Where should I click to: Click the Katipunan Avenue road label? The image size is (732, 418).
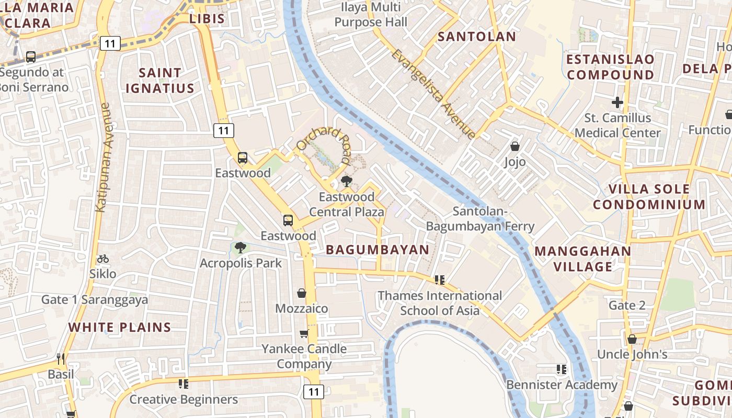pos(103,157)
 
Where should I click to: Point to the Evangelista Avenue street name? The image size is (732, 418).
pos(433,95)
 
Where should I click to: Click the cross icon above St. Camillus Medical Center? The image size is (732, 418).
pos(617,102)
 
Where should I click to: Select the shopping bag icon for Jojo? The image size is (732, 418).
pos(515,146)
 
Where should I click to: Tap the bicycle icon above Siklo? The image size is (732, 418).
pos(103,259)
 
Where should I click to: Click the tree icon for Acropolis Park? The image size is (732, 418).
pos(240,248)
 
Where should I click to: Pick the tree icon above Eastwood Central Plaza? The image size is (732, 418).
pos(346,181)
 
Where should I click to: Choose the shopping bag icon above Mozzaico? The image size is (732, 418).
pos(302,293)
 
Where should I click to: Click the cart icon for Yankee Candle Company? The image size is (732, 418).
pos(304,333)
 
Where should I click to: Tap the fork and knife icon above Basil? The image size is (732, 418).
pos(61,359)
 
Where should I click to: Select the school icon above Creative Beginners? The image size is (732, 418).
pos(183,384)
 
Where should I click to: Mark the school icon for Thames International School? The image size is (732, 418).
pos(440,280)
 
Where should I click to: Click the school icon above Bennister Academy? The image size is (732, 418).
pos(562,369)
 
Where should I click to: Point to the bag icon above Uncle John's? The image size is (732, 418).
pos(632,339)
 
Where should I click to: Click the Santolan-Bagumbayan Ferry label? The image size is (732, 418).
pos(480,219)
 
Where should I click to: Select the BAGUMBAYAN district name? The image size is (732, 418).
pos(378,250)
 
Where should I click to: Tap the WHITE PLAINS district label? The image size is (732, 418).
pos(120,328)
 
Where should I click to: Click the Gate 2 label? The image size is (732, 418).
pos(627,305)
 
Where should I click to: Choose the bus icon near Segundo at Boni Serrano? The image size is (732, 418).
pos(31,57)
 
